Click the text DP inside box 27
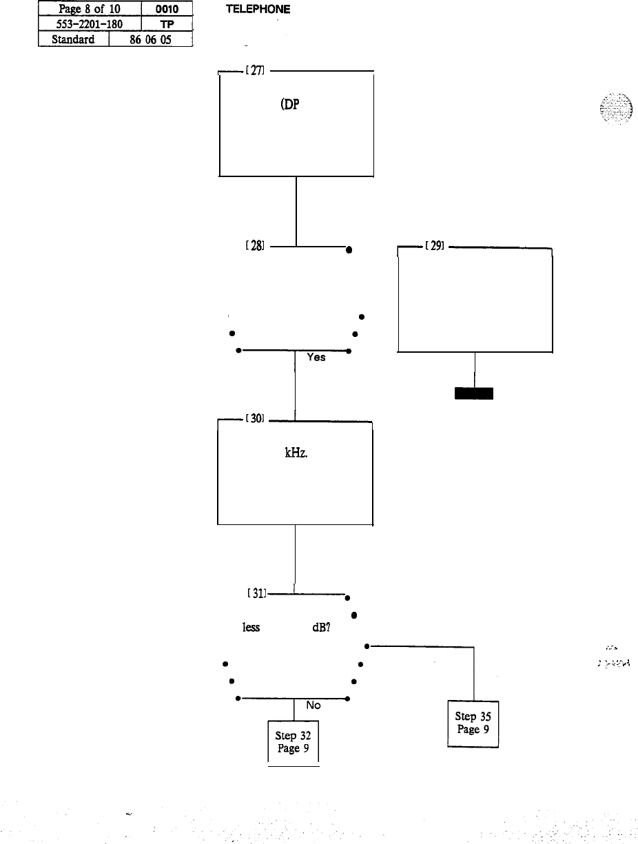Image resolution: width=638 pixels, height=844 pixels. [289, 107]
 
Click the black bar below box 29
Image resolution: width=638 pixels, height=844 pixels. [473, 393]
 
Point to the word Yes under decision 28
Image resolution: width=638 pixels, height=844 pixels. [316, 358]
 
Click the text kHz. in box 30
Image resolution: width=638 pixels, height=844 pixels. [289, 455]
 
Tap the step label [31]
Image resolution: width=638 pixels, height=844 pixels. [257, 593]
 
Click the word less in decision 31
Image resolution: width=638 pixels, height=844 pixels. [250, 628]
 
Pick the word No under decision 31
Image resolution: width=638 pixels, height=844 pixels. [313, 706]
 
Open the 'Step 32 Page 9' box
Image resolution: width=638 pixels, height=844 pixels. [293, 741]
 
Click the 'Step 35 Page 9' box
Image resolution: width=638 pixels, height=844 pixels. [473, 723]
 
